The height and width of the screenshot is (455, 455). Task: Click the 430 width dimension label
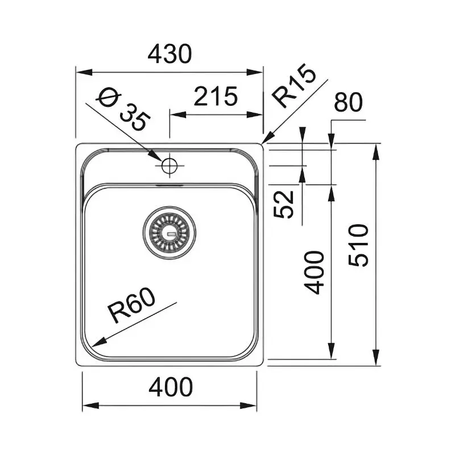pos(169,55)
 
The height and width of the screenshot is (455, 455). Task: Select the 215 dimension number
pos(215,97)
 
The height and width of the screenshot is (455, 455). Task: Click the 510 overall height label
pos(359,246)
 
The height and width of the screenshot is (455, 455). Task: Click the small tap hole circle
pos(169,166)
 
